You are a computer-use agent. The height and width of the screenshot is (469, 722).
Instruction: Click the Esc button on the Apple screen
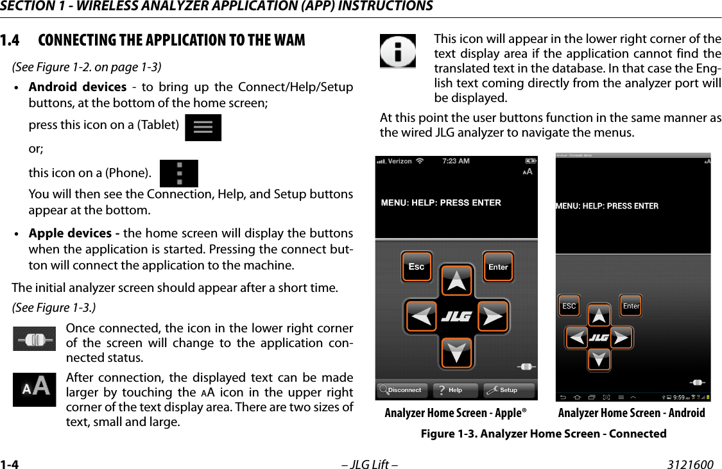click(417, 267)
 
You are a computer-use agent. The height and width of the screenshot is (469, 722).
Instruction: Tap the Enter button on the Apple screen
click(498, 267)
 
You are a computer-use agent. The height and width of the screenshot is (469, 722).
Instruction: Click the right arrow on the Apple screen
click(492, 316)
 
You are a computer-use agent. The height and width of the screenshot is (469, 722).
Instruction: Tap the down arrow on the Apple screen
click(456, 352)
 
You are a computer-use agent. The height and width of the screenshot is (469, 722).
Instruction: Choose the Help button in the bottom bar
click(455, 390)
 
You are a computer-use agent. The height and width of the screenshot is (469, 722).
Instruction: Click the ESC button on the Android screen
click(569, 306)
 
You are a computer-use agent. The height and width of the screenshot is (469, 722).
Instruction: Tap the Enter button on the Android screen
click(631, 306)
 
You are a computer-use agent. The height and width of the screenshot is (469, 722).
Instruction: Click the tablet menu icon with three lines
click(203, 128)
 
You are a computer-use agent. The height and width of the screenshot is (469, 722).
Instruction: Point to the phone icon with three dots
click(178, 173)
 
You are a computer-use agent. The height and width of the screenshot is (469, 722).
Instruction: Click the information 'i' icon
click(397, 51)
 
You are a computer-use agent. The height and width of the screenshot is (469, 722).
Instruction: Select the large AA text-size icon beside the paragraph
click(35, 388)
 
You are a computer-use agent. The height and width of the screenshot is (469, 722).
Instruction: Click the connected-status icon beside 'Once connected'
click(35, 339)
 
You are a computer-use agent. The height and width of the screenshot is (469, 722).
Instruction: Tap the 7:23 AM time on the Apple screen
click(456, 161)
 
